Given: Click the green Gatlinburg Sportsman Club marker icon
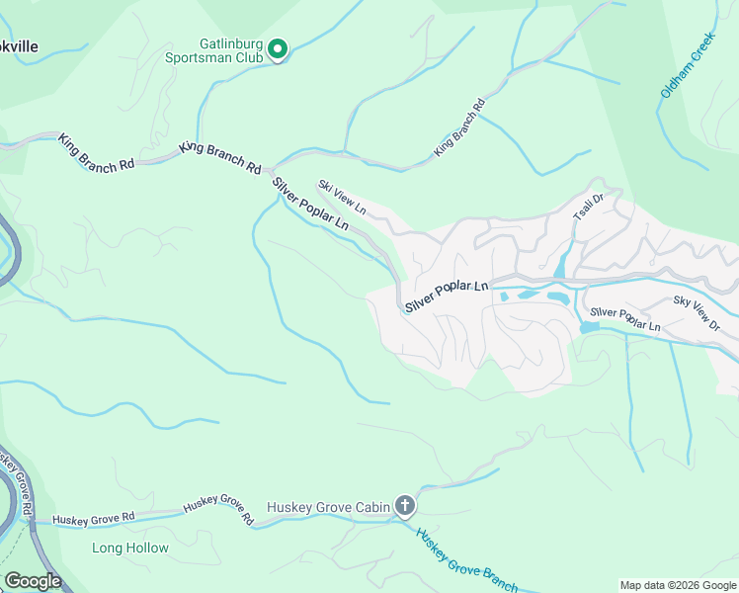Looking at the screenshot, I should (x=278, y=48).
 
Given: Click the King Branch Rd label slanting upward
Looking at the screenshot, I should (x=460, y=128).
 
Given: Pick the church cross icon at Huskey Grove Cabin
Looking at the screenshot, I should (x=404, y=506).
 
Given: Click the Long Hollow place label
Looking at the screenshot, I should (x=130, y=548).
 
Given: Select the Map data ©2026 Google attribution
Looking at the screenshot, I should (x=677, y=585).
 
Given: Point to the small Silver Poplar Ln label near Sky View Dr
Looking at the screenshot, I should (x=626, y=318).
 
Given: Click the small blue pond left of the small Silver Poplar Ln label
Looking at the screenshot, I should (x=592, y=326).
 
